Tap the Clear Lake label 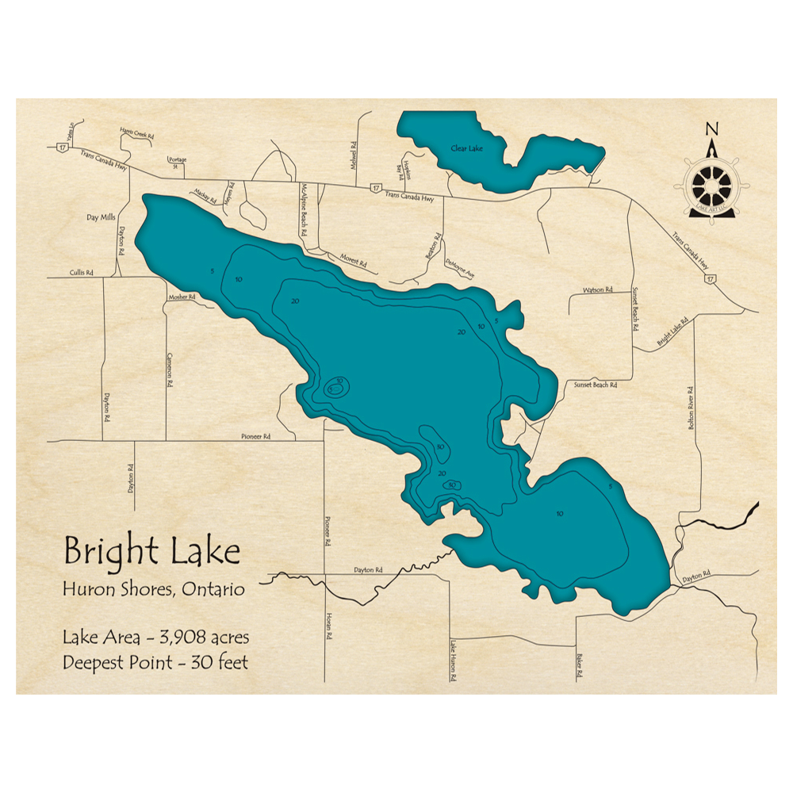[x=466, y=148]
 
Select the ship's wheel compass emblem [x=711, y=187]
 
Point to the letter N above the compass [x=711, y=130]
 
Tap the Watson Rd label [x=598, y=290]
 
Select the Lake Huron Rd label [x=454, y=661]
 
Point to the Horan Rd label [x=328, y=626]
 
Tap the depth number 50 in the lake [x=450, y=485]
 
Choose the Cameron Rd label [x=169, y=370]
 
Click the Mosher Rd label [x=180, y=297]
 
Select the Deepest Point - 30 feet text [x=155, y=662]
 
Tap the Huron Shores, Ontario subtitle [x=153, y=589]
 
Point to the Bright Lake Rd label [x=672, y=333]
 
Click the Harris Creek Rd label [x=136, y=135]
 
